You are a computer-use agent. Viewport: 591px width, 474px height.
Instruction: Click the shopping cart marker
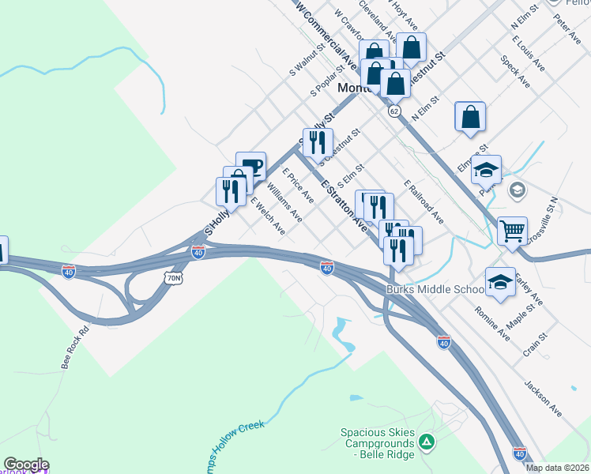coord(513,231)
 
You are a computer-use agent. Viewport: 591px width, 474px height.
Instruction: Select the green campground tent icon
coord(427,442)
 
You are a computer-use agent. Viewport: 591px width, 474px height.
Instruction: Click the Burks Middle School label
coord(435,290)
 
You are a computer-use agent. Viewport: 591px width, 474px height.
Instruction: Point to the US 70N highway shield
coord(175,278)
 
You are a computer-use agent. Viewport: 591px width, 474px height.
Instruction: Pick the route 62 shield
coord(393,111)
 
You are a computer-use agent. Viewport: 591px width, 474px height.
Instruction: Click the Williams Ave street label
coord(284,201)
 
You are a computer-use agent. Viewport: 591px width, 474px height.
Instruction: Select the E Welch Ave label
coord(268,216)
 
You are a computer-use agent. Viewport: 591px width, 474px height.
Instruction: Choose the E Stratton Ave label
coord(344,203)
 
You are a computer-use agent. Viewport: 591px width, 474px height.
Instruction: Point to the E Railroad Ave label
coord(423,201)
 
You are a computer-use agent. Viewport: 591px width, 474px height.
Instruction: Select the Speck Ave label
coord(515,71)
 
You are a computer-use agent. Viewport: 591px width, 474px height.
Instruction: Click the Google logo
coord(26,465)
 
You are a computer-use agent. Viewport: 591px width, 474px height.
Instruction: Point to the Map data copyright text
coord(557,468)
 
